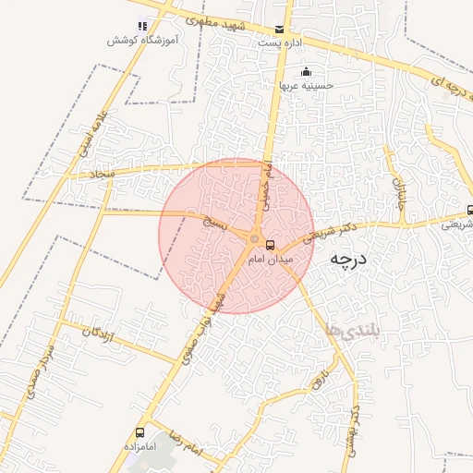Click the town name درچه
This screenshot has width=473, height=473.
(348, 260)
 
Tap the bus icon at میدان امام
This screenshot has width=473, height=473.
(270, 246)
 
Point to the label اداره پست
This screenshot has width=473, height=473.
(280, 43)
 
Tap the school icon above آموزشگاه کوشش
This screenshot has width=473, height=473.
(141, 26)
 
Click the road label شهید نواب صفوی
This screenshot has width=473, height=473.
(205, 309)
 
